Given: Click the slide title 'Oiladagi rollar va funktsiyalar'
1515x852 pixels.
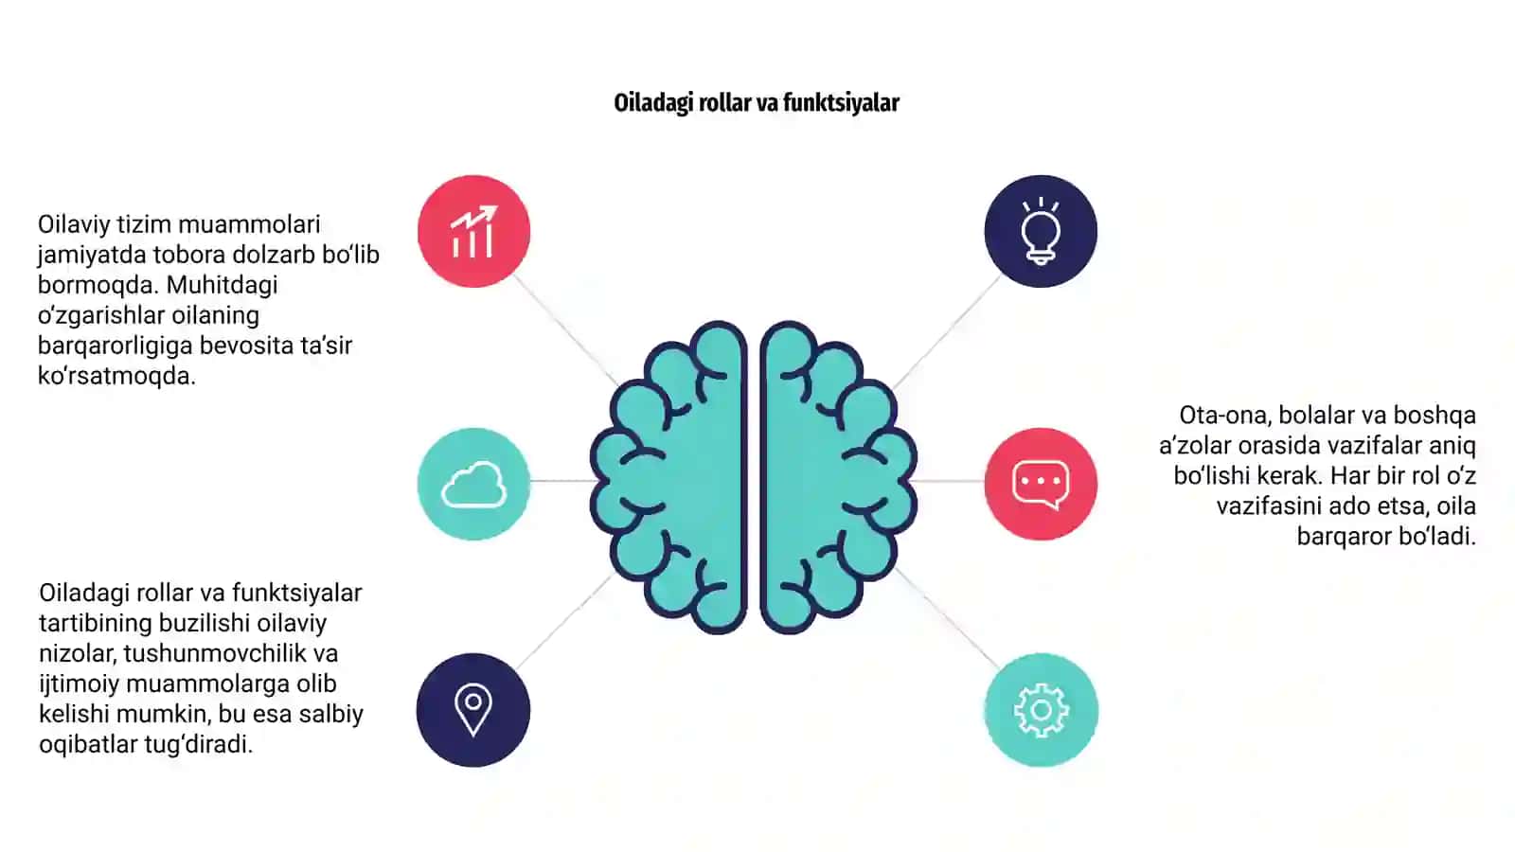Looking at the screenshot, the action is pyautogui.click(x=757, y=103).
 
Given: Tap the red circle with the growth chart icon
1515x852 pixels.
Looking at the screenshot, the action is pyautogui.click(x=473, y=231).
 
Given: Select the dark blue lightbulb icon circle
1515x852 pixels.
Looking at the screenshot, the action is pyautogui.click(x=1041, y=231).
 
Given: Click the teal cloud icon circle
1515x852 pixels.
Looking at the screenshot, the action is pyautogui.click(x=473, y=484).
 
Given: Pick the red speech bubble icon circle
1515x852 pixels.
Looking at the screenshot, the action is pyautogui.click(x=1041, y=484).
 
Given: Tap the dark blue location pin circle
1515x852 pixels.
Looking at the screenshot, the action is pyautogui.click(x=473, y=709).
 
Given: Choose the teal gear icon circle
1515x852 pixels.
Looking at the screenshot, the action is pyautogui.click(x=1041, y=709).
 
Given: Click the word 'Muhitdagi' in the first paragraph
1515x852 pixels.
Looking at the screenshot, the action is pyautogui.click(x=222, y=285).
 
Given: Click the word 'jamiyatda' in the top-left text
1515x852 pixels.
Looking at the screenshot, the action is pyautogui.click(x=92, y=256).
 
